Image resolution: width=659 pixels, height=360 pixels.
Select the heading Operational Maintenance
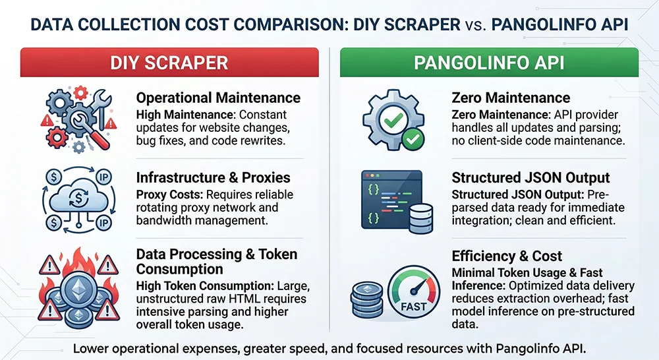(218, 98)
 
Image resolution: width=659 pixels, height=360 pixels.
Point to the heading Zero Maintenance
(511, 98)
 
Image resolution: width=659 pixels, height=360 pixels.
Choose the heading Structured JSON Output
(530, 178)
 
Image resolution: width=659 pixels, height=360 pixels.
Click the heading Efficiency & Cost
(507, 256)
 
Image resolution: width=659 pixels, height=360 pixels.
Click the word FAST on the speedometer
(413, 307)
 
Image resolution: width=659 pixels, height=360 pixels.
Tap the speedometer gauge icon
(413, 294)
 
